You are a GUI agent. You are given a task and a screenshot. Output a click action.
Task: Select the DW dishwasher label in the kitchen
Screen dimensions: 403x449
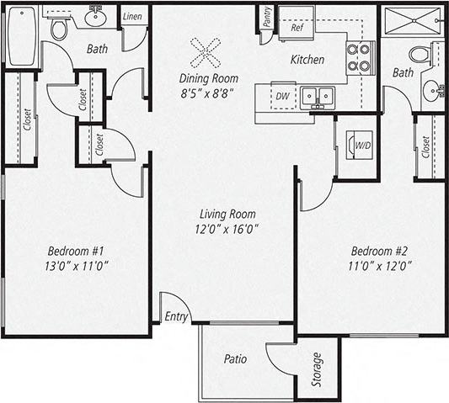[x=283, y=96]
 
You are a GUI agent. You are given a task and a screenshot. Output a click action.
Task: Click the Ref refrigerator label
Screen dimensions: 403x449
[x=297, y=27]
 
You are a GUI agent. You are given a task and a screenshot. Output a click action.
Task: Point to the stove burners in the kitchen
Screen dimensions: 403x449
[x=358, y=57]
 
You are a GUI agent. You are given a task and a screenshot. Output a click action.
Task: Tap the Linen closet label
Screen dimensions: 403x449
[x=131, y=17]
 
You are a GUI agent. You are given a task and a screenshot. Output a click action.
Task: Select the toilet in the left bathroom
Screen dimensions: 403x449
[x=59, y=29]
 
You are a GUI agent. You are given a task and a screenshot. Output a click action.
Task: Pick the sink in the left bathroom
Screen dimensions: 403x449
[x=95, y=15]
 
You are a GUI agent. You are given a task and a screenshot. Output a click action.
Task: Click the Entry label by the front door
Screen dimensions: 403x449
[x=177, y=316]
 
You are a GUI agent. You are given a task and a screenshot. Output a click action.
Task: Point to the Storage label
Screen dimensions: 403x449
[x=317, y=369]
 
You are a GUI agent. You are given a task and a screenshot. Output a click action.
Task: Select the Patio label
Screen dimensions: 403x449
[x=236, y=358]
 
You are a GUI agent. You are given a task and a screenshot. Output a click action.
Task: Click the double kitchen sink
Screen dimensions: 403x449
[x=318, y=97]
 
